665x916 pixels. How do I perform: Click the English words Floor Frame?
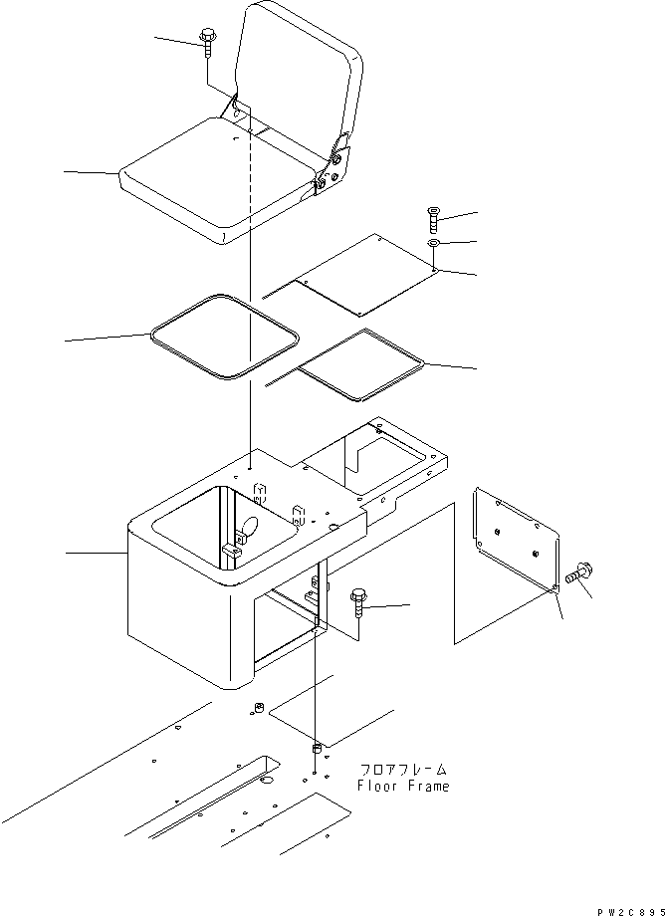coord(403,787)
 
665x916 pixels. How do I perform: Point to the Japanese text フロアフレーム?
coord(403,770)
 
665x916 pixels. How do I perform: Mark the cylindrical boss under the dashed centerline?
coord(317,748)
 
